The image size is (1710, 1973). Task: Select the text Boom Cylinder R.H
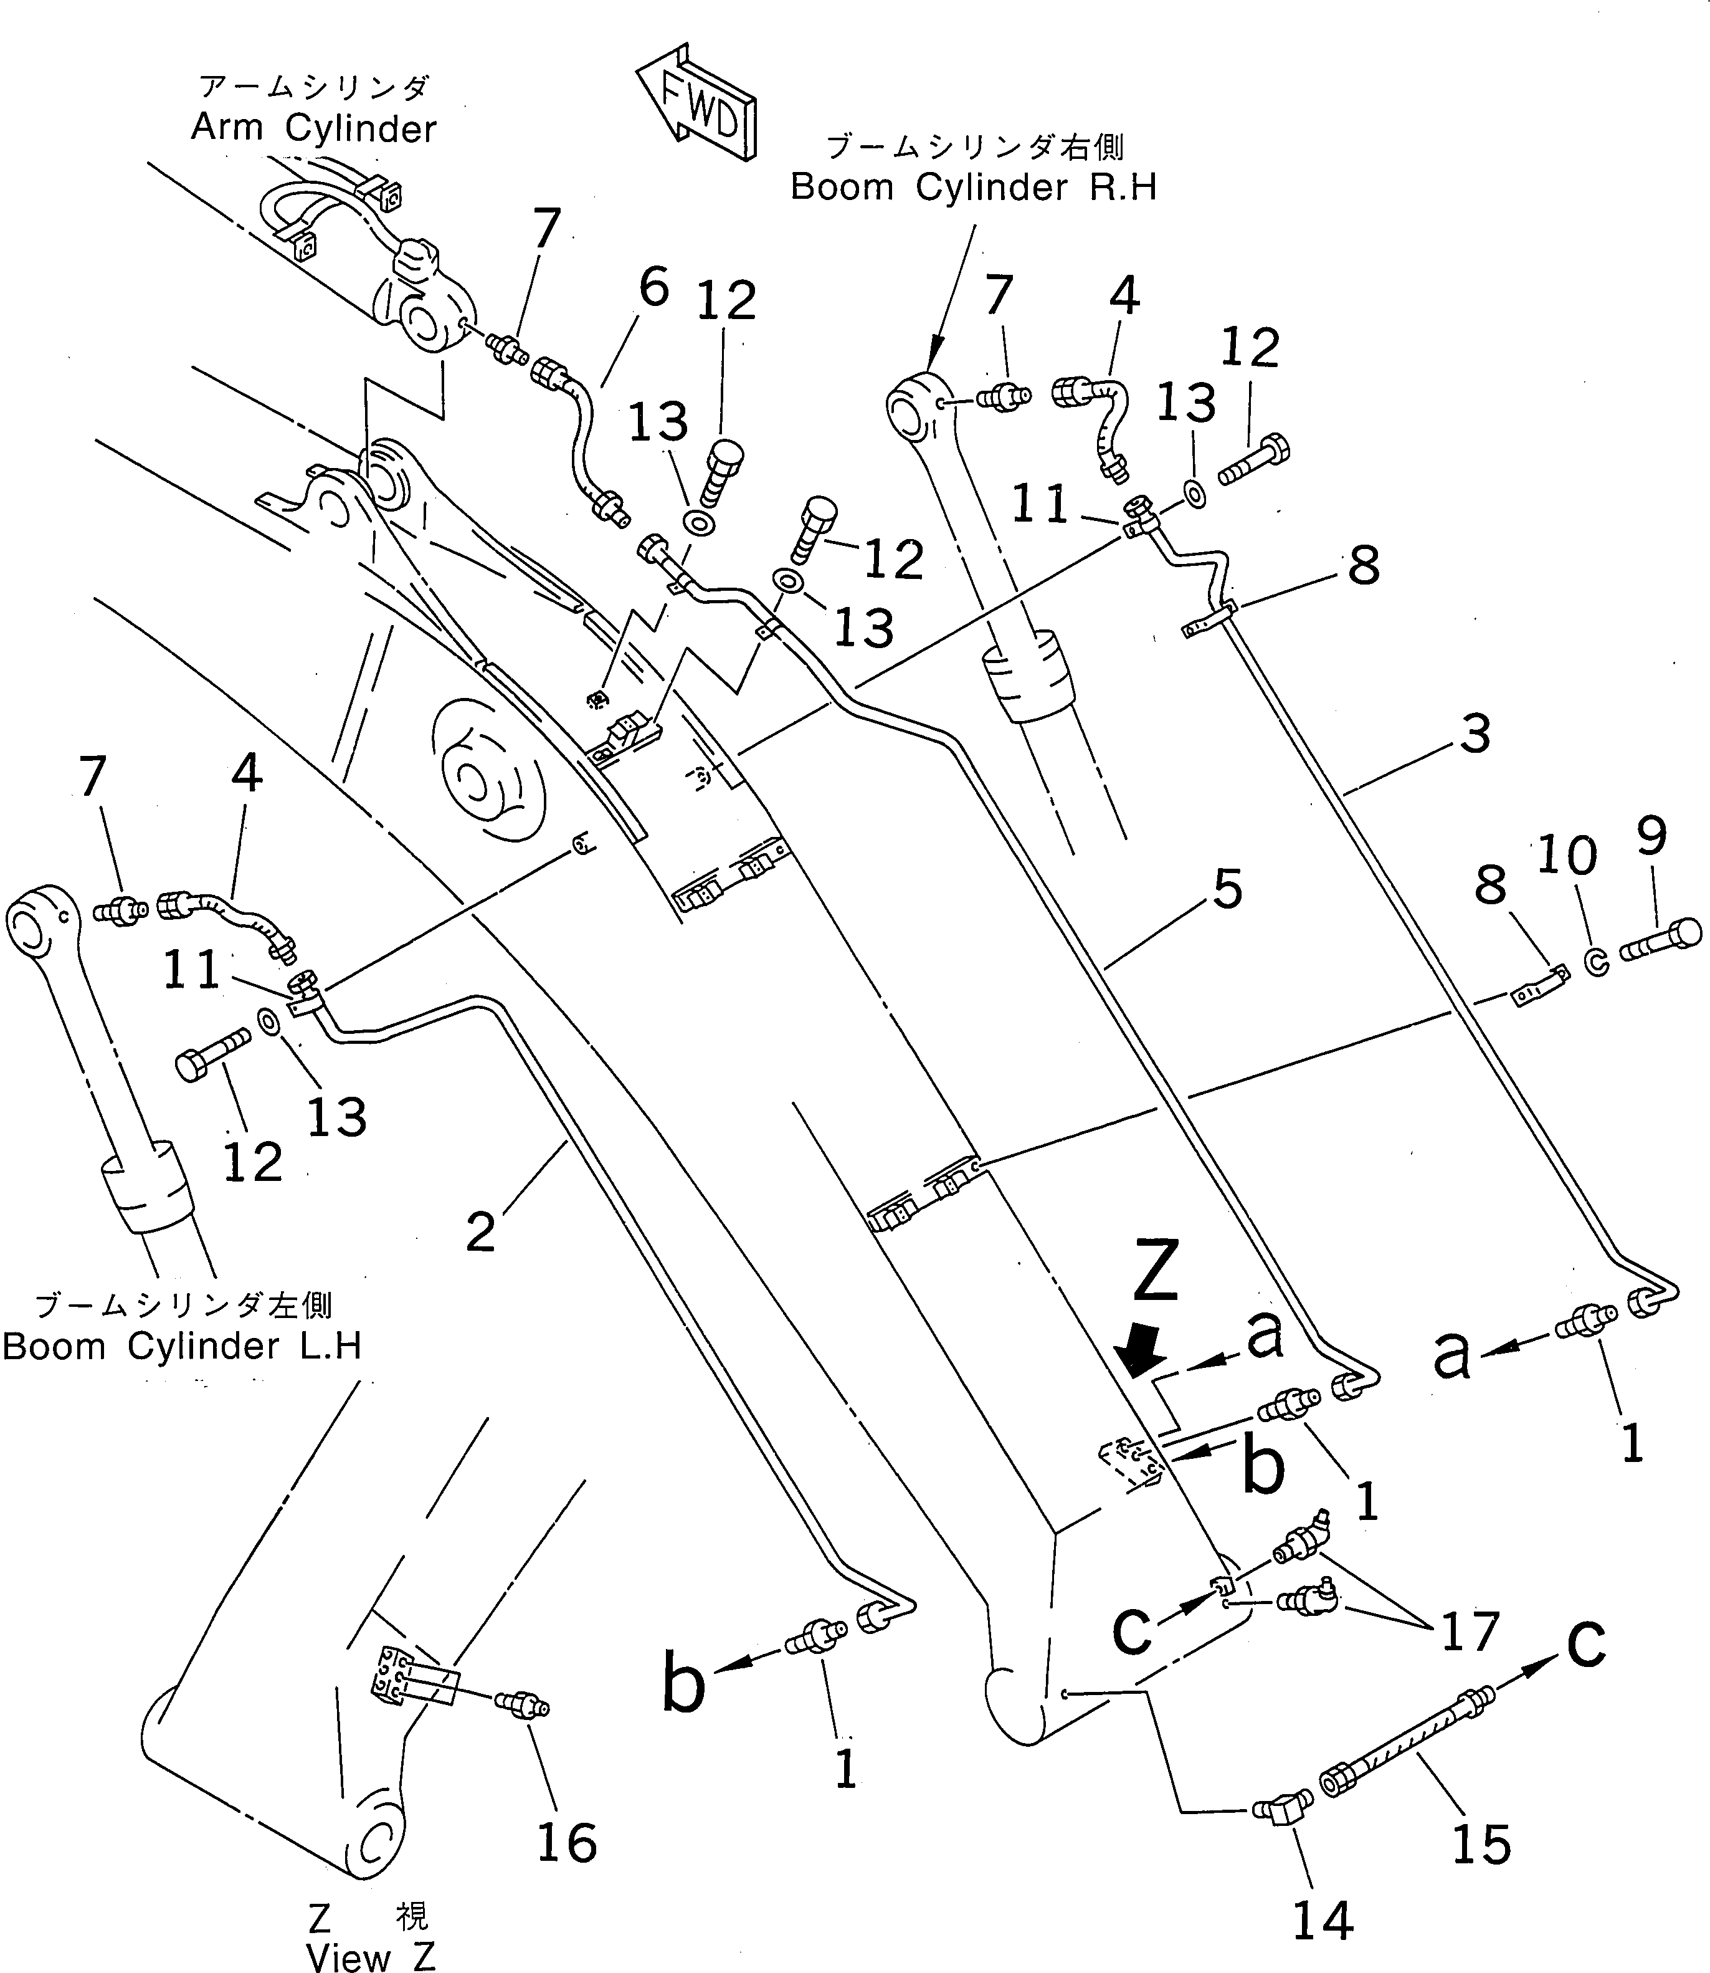tap(973, 187)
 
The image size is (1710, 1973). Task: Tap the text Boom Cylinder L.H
tap(181, 1347)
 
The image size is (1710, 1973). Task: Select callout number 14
tap(1323, 1919)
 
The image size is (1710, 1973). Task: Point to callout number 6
tap(653, 287)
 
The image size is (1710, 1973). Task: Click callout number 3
tap(1475, 734)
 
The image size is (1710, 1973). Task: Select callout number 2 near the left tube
tap(481, 1231)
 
